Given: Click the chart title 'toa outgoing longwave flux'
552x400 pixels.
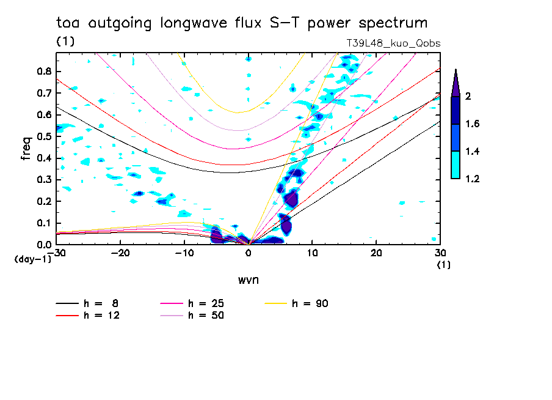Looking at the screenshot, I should click(x=241, y=23).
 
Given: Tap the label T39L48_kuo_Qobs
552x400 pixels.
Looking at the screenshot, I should click(x=393, y=43).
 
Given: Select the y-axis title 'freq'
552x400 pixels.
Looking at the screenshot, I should click(x=26, y=149).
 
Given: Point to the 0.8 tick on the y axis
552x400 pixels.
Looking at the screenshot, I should click(x=43, y=71).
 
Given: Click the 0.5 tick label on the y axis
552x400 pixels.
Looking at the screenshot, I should click(x=43, y=136).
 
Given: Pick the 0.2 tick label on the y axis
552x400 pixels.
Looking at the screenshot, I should click(x=43, y=201).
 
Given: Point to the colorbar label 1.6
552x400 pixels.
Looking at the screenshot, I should click(x=473, y=124).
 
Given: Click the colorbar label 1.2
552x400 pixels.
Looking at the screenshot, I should click(x=473, y=179).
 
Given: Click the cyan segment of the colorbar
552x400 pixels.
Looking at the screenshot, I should click(x=456, y=165).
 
